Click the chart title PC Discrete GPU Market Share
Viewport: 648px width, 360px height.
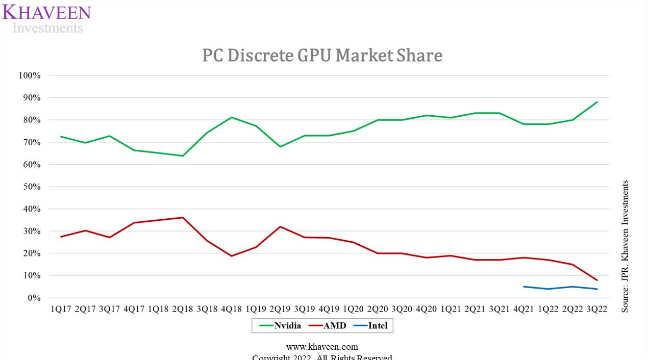pos(322,55)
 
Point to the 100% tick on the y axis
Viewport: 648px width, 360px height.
pos(29,75)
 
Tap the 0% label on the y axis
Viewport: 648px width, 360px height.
pos(33,298)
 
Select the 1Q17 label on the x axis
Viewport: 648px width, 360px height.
pos(61,310)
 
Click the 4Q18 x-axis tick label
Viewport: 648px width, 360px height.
pos(231,310)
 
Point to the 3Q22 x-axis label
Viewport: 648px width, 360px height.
pos(596,310)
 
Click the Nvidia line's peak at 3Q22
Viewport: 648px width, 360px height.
pos(596,102)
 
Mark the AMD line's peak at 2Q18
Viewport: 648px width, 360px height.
pos(183,218)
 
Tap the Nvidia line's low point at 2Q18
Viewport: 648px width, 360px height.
pos(183,156)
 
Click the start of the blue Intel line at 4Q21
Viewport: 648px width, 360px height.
pos(524,287)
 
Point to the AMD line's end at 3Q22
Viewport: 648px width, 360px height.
pos(596,280)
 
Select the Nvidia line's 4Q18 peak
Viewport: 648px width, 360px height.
pos(231,117)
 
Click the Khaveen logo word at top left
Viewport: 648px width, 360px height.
pos(46,12)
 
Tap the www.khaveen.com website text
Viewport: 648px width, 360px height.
pos(322,347)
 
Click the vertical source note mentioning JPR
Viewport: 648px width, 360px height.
pos(625,246)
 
